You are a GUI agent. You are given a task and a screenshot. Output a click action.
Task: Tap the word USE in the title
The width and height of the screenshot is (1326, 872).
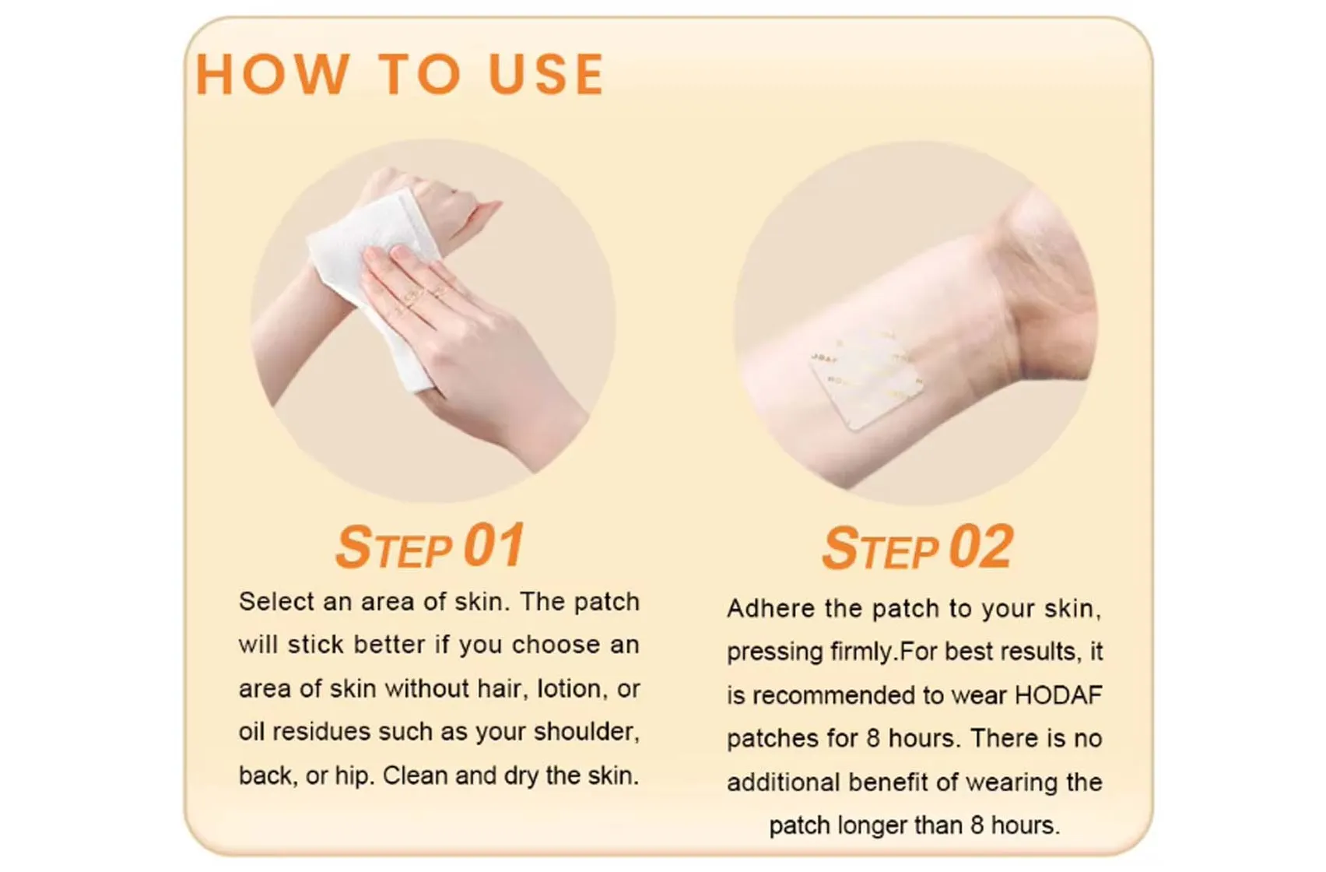click(546, 75)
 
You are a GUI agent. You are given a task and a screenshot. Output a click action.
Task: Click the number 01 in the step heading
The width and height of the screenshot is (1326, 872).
click(494, 546)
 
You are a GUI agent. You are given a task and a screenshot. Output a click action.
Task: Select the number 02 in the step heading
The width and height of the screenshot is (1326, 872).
click(981, 547)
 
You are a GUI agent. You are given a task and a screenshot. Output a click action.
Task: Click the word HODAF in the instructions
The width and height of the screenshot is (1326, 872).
click(1058, 694)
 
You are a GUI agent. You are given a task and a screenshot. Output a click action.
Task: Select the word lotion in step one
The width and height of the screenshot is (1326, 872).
click(569, 689)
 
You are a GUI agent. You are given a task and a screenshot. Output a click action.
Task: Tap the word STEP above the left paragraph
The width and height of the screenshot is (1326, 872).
click(394, 547)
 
